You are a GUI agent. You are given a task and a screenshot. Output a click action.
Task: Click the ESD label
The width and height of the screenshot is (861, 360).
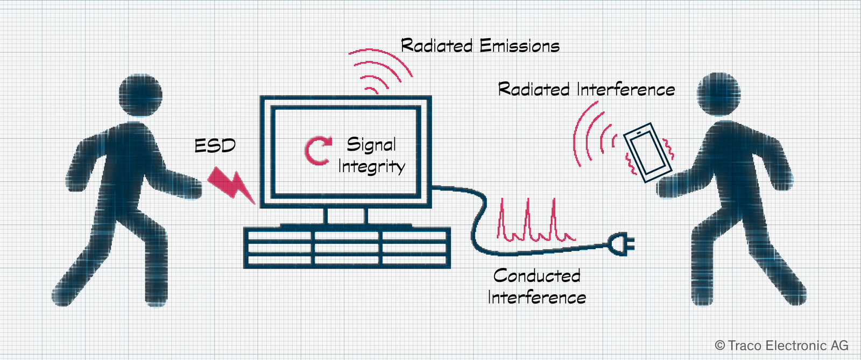coord(215,146)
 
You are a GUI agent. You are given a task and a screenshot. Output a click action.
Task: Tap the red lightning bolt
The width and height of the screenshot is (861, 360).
coord(231,185)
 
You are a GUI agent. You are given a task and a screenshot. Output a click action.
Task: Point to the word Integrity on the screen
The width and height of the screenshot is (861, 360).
coord(372,167)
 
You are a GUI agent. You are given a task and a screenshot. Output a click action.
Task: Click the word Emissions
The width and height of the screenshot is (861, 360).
coord(519,46)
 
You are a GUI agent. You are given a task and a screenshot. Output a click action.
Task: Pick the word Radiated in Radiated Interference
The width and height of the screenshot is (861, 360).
coord(534,89)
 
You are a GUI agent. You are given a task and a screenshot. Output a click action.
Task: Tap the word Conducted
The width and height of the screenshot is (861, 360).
coord(537,276)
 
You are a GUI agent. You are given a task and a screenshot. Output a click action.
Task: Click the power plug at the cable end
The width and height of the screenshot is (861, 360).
coord(621,244)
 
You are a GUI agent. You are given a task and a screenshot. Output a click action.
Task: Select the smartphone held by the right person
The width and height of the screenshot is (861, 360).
coord(648,152)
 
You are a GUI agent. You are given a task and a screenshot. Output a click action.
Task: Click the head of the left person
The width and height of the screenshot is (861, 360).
coord(140,95)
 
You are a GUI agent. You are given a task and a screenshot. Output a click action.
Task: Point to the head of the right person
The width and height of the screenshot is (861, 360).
coord(719,94)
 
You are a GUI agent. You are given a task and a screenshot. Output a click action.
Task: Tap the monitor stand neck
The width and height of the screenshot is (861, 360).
coord(345,216)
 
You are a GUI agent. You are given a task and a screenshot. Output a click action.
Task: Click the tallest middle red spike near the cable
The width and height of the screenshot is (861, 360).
coord(528,219)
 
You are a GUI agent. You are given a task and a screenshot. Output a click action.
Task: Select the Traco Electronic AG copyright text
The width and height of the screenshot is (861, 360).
coord(781,345)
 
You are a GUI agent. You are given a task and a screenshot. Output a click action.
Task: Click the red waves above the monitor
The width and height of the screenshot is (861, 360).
coord(380,71)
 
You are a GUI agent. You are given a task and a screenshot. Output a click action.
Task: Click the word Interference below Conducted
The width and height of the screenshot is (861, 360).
coord(537,298)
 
